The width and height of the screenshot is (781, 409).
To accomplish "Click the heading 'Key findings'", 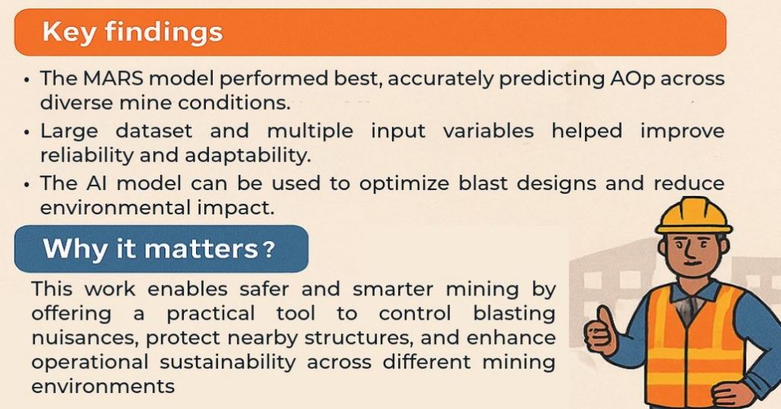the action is [x=132, y=32].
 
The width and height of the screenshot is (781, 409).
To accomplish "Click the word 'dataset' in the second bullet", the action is [x=154, y=131].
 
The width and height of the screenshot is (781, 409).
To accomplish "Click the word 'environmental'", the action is [x=115, y=208].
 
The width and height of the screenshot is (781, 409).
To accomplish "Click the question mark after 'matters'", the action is [x=269, y=249].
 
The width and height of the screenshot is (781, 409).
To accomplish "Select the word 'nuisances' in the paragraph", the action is [x=84, y=338].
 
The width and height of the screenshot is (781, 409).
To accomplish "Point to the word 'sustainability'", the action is [x=227, y=362].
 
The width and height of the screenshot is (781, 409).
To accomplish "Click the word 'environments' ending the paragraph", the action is [x=103, y=386].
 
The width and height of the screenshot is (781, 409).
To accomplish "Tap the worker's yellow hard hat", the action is [x=693, y=216].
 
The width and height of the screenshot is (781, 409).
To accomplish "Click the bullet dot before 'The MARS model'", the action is [x=27, y=80].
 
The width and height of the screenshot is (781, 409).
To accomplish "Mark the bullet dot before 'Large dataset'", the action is [x=27, y=133].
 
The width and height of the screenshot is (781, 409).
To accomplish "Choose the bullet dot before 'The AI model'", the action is [x=27, y=185].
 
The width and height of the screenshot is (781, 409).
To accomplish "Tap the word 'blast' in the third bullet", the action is [x=483, y=183].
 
